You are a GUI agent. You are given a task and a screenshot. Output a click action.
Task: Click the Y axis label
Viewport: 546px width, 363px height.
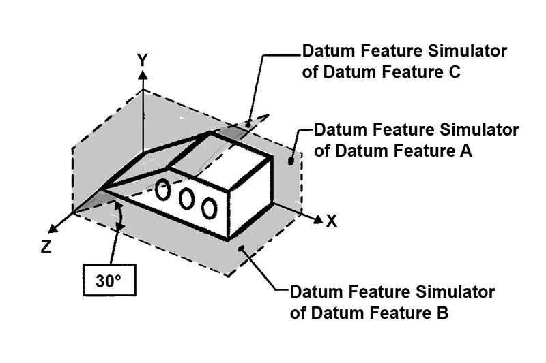click(142, 59)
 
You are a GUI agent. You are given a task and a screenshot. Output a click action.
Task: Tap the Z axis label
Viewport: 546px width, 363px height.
click(46, 247)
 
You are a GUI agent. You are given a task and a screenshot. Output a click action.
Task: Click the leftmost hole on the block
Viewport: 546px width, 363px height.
click(162, 191)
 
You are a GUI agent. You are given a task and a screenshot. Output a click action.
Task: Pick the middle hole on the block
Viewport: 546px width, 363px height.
click(186, 199)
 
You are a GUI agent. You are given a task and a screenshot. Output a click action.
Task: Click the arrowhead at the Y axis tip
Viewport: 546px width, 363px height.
click(142, 74)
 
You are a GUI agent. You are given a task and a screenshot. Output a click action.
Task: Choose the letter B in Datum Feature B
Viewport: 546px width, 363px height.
click(441, 313)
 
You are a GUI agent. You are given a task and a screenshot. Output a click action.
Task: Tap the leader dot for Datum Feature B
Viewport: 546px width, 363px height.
click(240, 251)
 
